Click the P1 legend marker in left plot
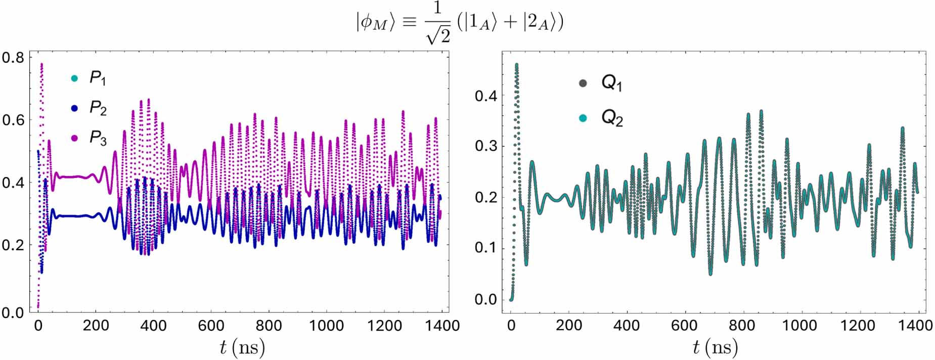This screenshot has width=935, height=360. coord(75,78)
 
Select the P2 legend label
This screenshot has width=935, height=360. coord(98,108)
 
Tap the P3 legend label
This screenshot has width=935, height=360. coord(98,138)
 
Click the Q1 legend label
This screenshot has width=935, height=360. coord(611,83)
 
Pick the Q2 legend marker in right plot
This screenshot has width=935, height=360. coord(583,118)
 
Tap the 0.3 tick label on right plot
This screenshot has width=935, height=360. coord(485,146)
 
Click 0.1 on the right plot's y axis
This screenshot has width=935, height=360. coord(485,248)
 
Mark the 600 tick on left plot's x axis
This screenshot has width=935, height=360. coord(211,326)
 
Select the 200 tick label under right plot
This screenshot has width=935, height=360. coord(568,325)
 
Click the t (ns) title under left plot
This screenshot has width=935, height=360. coord(242,347)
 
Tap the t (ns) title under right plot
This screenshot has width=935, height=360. coord(715,347)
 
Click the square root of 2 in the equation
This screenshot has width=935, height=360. coord(437,34)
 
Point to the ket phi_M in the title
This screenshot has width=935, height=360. coord(374,23)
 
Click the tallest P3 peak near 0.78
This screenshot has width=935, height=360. coord(41,64)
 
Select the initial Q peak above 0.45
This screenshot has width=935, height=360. coord(516,64)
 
